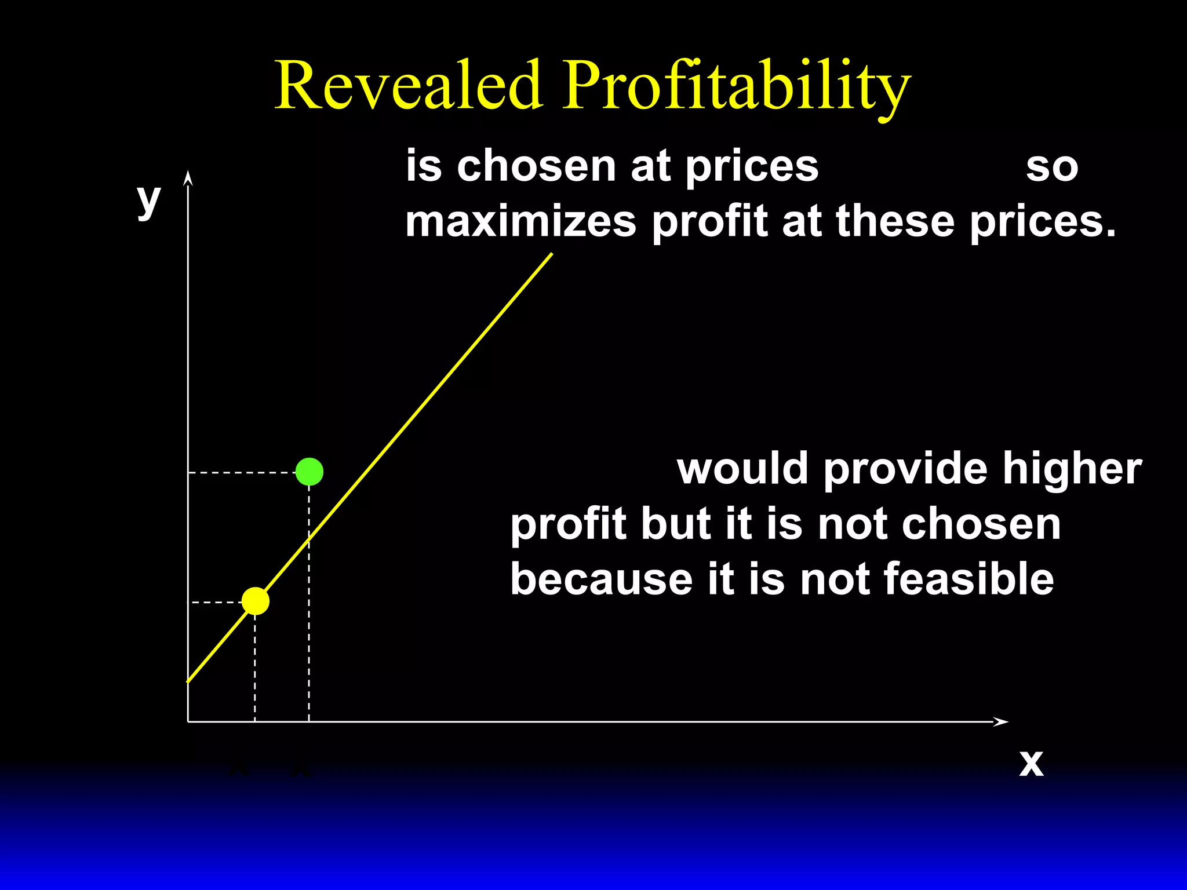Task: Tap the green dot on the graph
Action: point(310,472)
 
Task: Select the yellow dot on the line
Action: point(256,601)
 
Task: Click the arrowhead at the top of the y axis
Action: point(188,178)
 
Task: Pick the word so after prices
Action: point(1052,167)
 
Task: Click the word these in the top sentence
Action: point(895,221)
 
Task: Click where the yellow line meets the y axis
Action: point(188,681)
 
